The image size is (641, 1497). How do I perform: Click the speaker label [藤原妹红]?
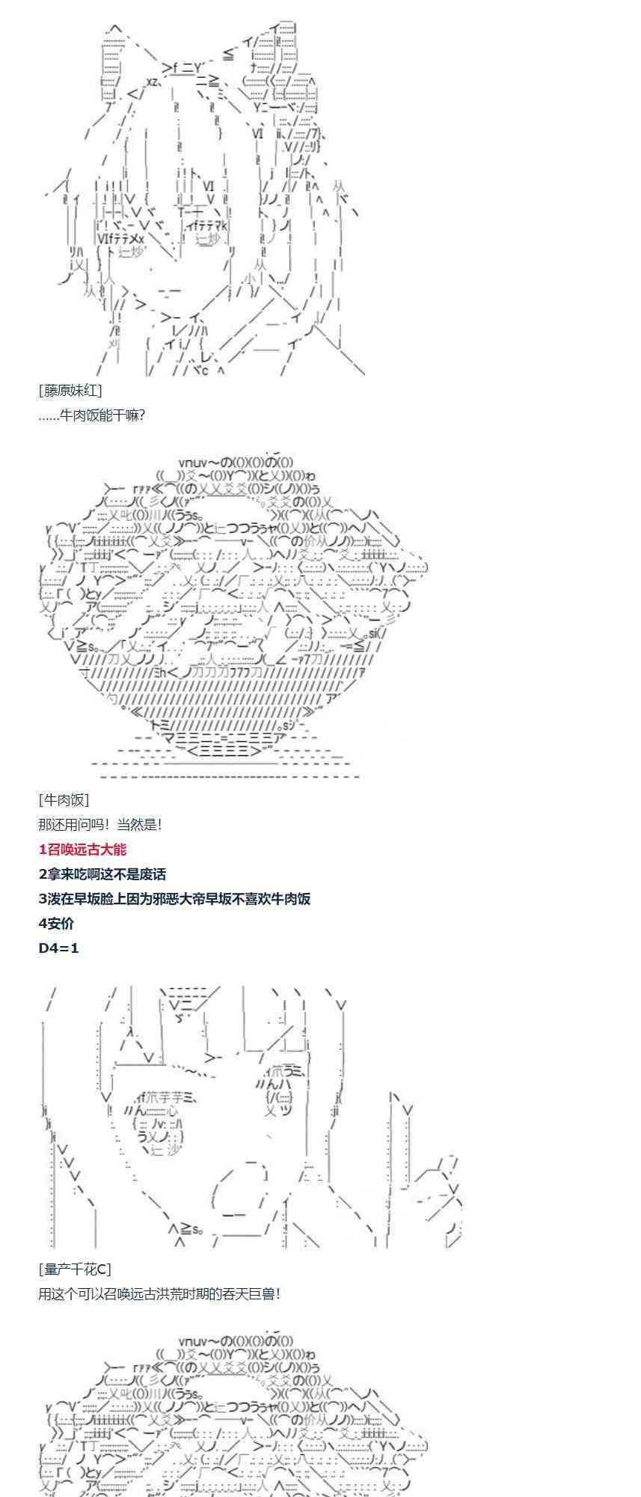click(70, 390)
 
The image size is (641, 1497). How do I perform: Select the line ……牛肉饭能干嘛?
click(91, 415)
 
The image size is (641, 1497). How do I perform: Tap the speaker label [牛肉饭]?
click(64, 800)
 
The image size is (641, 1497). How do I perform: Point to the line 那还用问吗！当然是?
click(100, 825)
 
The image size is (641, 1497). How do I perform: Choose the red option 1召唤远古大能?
click(82, 850)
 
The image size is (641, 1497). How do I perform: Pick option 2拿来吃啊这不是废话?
click(102, 874)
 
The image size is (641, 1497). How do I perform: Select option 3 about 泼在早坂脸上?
click(174, 899)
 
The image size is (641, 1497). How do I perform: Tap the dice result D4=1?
click(58, 948)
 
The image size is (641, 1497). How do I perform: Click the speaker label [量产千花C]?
click(74, 1269)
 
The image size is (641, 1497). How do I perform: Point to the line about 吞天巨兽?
click(159, 1293)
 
